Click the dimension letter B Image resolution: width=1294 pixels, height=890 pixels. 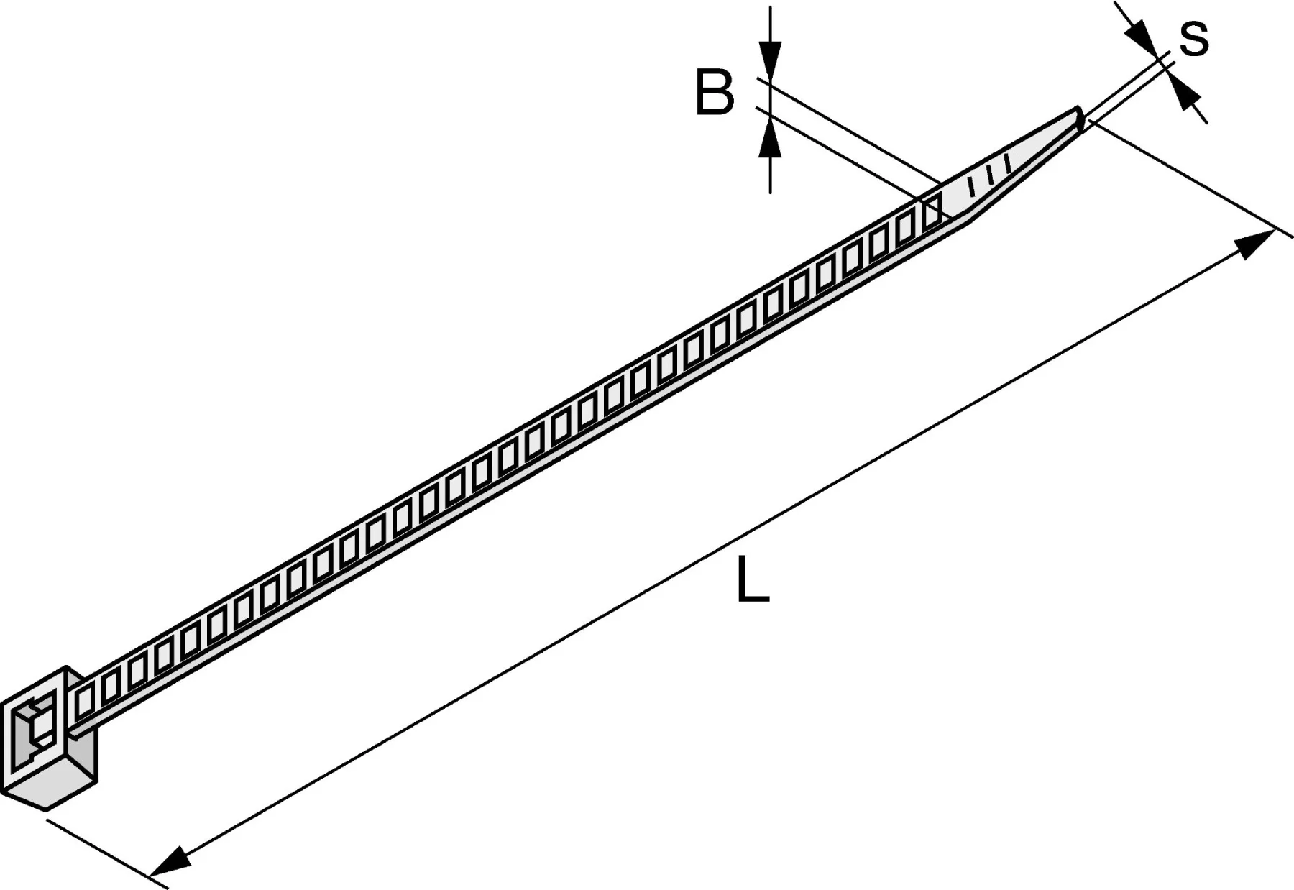pos(715,93)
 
